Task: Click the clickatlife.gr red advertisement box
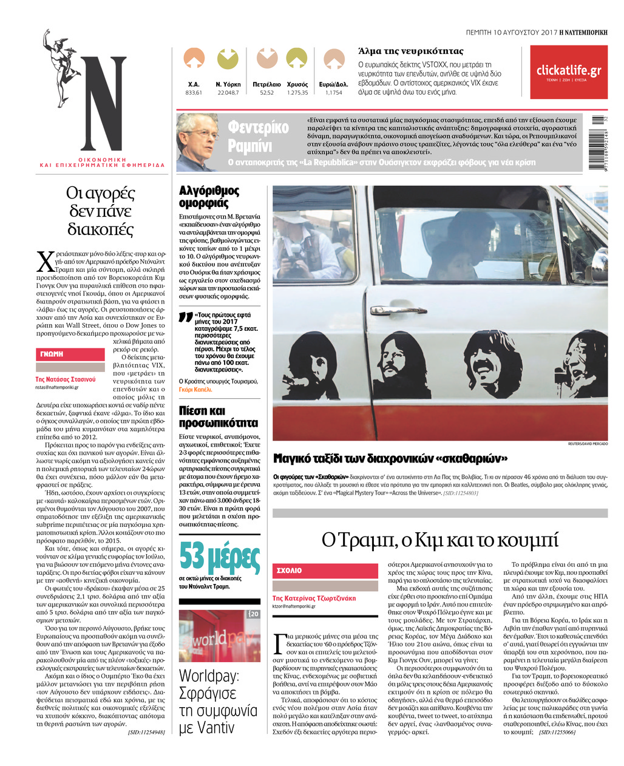568,72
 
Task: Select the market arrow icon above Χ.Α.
194,58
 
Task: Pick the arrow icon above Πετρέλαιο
266,58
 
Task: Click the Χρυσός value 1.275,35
297,93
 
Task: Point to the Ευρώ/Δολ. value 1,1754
333,93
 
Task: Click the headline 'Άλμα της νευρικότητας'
411,52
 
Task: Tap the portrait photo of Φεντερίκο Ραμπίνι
198,141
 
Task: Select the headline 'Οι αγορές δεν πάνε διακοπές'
100,211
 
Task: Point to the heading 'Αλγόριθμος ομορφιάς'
209,197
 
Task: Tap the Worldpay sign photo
219,636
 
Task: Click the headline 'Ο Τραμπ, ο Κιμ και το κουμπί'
439,539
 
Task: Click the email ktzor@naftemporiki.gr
294,606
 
